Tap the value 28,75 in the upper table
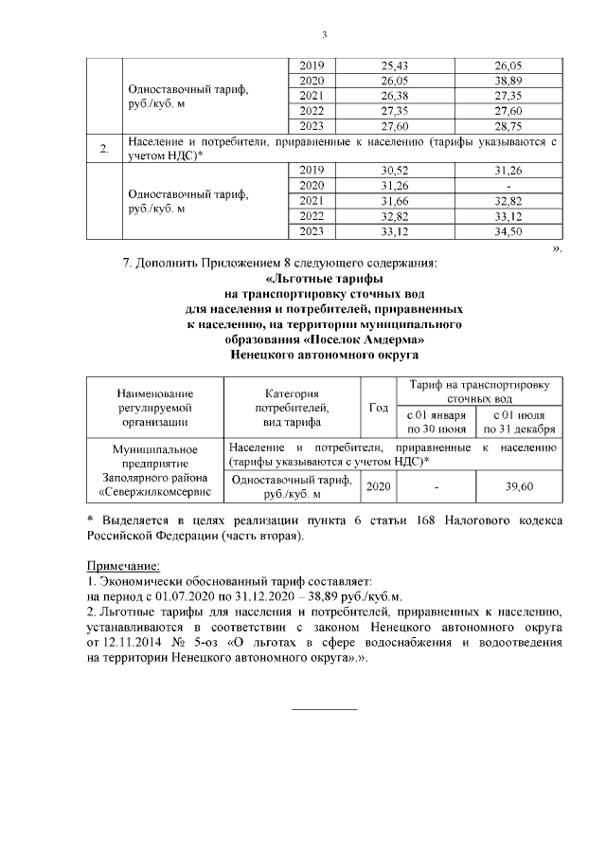(x=515, y=125)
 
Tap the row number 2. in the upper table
(x=103, y=147)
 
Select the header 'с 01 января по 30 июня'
(x=436, y=422)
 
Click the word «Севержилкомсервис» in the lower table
(x=154, y=493)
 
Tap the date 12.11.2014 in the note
(x=134, y=642)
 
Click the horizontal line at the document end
(x=324, y=709)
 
